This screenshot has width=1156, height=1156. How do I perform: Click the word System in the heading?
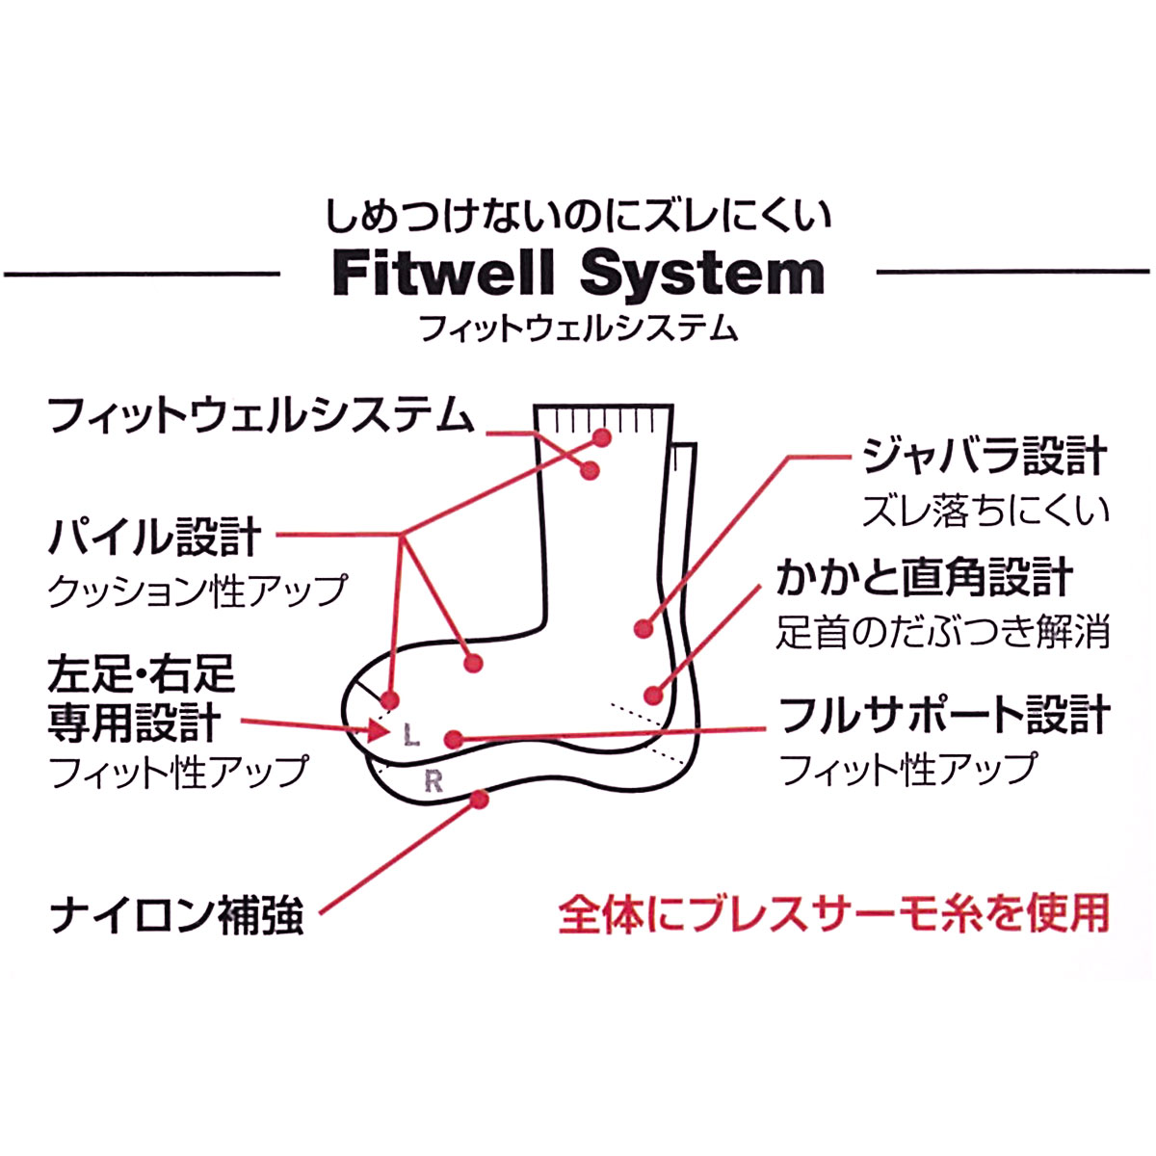pyautogui.click(x=702, y=275)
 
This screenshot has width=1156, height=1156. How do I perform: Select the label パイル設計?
pyautogui.click(x=155, y=538)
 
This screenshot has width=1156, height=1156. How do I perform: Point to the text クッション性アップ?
pyautogui.click(x=197, y=590)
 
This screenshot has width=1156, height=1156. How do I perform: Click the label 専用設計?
pyautogui.click(x=135, y=722)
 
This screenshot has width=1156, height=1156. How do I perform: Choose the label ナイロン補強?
pyautogui.click(x=177, y=914)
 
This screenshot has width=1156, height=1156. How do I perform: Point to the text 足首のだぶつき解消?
pyautogui.click(x=943, y=631)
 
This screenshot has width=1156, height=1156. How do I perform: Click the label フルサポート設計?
pyautogui.click(x=944, y=716)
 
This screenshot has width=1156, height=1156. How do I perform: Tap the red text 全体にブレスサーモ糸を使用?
pyautogui.click(x=834, y=913)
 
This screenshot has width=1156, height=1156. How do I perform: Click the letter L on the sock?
pyautogui.click(x=412, y=737)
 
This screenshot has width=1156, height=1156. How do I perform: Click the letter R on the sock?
pyautogui.click(x=433, y=782)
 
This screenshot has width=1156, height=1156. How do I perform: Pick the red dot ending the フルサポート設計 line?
pyautogui.click(x=454, y=739)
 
